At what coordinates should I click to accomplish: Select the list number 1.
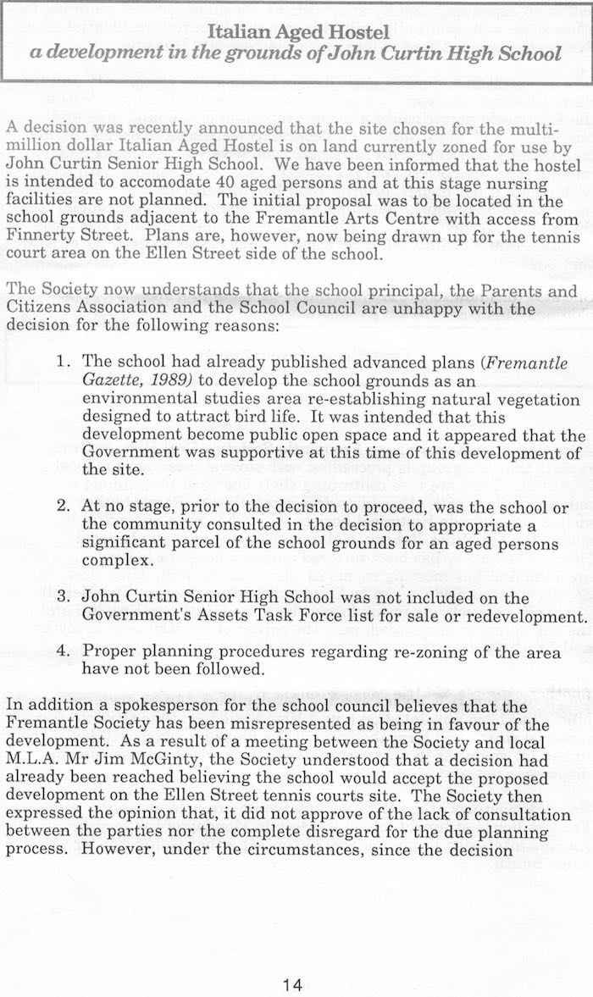[62, 363]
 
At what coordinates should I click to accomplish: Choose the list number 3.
[62, 593]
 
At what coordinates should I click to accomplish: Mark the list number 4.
[62, 652]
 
